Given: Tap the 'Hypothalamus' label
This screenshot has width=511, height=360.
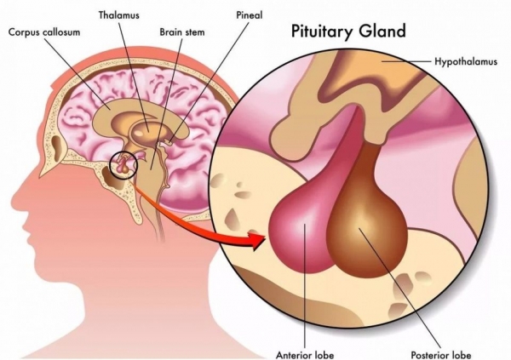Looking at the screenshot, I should click(466, 61).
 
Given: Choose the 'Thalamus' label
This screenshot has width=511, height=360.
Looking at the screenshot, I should click(119, 15).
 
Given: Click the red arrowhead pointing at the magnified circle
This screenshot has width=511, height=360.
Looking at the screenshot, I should click(261, 240).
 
